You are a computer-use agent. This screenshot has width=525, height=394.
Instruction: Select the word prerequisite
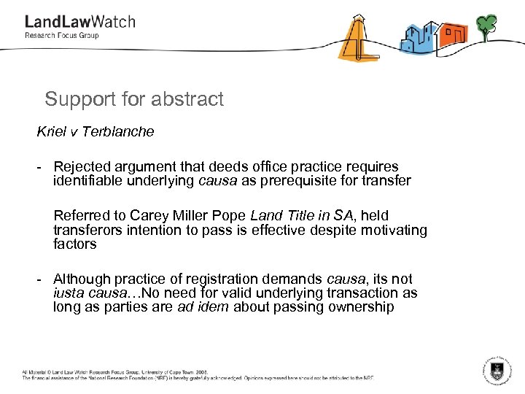point(301,182)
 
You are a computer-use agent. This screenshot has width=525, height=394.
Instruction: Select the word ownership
point(358,307)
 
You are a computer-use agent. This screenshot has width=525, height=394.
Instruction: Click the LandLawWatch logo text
point(79,23)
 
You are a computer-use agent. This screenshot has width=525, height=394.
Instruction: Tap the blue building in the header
point(416,37)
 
